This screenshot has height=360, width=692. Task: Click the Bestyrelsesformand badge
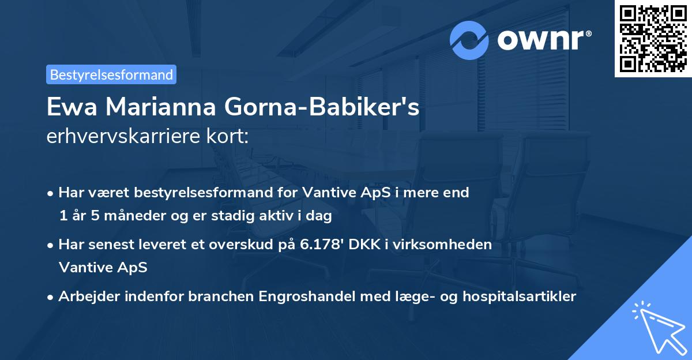click(x=111, y=74)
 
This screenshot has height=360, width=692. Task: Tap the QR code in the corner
click(x=653, y=38)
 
